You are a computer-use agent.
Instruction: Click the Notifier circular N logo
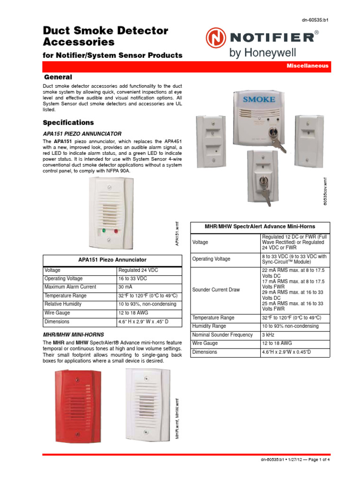point(216,38)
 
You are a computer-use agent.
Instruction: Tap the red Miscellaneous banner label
point(307,66)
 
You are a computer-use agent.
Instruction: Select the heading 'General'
point(58,77)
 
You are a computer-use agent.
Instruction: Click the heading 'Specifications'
point(68,123)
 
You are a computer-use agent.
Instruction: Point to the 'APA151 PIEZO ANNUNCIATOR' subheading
point(82,134)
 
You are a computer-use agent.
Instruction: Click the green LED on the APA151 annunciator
point(104,231)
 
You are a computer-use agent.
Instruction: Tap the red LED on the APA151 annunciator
point(116,231)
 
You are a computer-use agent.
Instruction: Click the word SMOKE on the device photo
point(259,99)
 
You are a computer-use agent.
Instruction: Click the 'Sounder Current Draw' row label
point(216,289)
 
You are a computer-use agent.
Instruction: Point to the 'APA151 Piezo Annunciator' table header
point(112,260)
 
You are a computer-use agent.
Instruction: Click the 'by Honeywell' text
point(258,53)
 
